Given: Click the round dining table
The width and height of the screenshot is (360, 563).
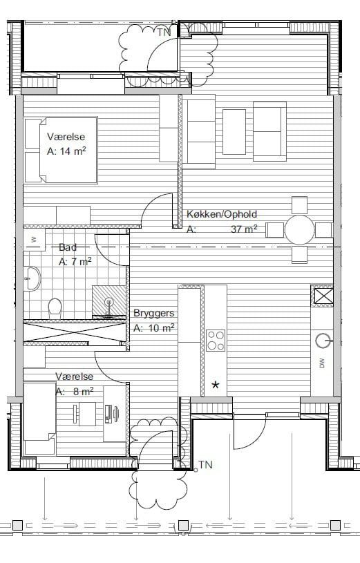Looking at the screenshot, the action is click(299, 230).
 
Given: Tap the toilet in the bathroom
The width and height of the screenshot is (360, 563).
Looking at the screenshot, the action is click(55, 308).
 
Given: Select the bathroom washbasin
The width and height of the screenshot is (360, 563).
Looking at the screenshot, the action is click(32, 278).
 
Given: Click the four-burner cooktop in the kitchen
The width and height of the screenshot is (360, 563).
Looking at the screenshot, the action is click(216, 340).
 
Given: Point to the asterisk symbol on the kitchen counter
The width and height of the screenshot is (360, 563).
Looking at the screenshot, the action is click(215, 385).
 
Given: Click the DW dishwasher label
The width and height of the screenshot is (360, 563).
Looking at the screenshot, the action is click(321, 363).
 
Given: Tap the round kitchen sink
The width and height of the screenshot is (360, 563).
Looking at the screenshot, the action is click(323, 341).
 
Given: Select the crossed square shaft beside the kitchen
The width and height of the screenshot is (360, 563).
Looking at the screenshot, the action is click(321, 296).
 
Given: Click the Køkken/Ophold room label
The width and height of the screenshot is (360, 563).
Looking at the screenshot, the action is click(222, 214).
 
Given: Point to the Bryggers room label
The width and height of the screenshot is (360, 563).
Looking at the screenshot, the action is click(154, 313).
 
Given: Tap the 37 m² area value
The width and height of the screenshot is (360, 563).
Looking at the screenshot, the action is click(244, 229).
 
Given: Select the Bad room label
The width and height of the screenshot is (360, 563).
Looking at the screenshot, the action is click(68, 247).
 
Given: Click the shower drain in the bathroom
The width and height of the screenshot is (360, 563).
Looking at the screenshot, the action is click(109, 301).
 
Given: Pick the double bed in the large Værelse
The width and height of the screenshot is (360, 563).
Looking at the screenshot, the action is click(61, 150).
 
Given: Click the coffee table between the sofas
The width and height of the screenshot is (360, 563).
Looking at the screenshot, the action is click(234, 132).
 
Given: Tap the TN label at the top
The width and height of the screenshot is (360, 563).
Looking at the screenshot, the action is click(164, 32).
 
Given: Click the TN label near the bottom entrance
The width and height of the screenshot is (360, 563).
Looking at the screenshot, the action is click(205, 465).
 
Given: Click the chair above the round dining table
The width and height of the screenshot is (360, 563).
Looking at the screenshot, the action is click(299, 205).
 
